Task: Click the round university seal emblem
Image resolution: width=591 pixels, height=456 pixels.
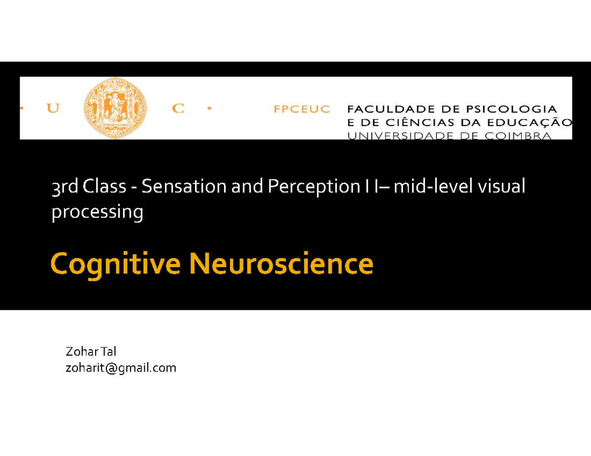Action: click(109, 108)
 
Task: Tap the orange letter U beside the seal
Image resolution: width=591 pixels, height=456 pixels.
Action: click(52, 109)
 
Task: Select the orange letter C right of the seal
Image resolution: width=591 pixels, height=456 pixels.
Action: click(178, 109)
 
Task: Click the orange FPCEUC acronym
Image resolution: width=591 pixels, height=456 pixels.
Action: click(301, 110)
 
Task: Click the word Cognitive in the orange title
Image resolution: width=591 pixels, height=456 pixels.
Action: click(116, 265)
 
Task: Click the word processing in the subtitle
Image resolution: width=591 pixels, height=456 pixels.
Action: click(98, 212)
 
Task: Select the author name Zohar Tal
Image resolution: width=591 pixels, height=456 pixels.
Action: click(90, 352)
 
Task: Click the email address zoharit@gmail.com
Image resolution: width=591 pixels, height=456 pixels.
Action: click(120, 367)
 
